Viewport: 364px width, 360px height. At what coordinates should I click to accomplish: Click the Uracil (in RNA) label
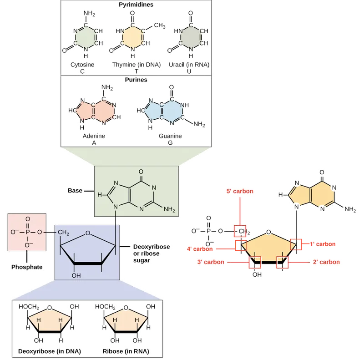tap(189, 65)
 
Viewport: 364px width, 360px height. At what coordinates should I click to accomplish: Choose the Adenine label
tap(95, 136)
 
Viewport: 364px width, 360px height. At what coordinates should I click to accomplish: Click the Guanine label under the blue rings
tap(170, 136)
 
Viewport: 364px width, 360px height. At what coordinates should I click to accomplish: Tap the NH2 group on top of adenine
tap(108, 88)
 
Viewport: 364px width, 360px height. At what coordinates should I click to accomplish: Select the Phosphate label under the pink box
tap(27, 267)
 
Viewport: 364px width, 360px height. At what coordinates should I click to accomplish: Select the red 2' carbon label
tap(326, 262)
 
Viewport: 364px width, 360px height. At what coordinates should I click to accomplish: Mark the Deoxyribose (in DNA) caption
tap(49, 351)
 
